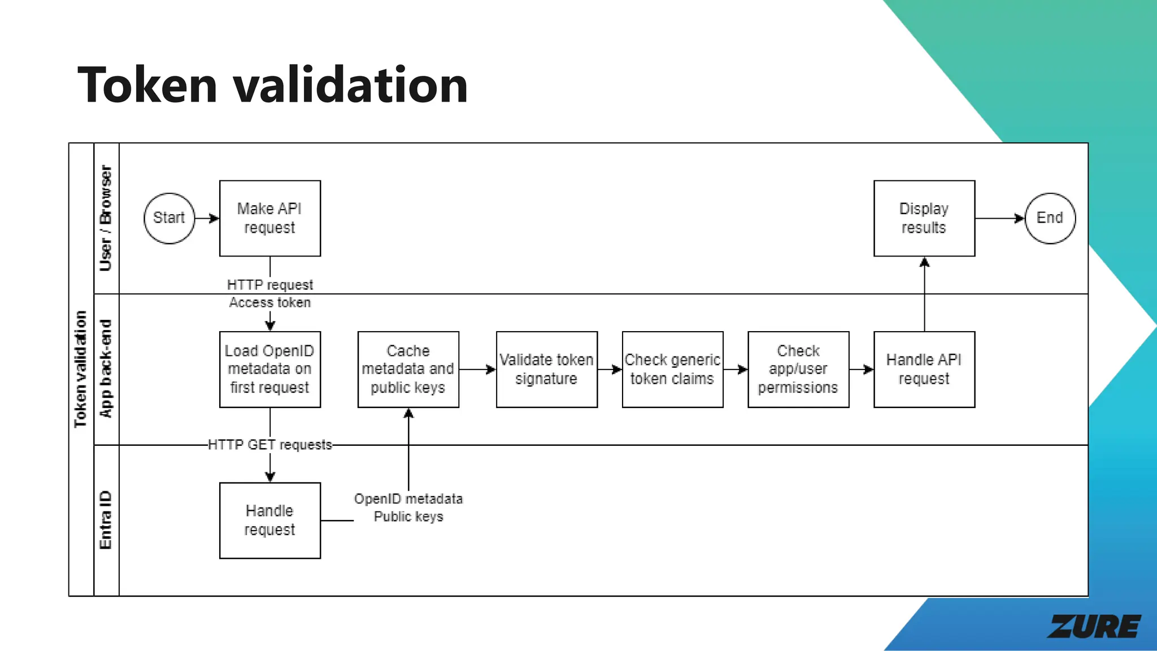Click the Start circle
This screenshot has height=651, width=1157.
point(169,218)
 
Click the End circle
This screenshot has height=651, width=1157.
point(1050,218)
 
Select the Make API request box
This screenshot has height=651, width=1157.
point(269,218)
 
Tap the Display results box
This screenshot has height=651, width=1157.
point(924,218)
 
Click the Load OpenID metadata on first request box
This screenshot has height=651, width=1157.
point(269,369)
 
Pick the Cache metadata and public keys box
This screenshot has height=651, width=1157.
point(408,369)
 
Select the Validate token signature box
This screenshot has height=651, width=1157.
point(546,369)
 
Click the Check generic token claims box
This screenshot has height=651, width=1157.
point(672,369)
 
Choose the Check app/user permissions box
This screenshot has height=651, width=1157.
point(798,369)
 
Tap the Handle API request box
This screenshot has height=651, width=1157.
point(924,369)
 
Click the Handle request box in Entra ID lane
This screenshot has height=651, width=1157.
point(269,520)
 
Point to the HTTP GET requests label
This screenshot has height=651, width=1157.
point(269,445)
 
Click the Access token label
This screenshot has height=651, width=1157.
point(269,302)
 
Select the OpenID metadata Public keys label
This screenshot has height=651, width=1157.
point(408,507)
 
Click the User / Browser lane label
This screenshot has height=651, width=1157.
point(106,218)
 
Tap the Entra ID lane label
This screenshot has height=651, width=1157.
point(106,520)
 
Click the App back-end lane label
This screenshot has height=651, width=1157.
point(106,369)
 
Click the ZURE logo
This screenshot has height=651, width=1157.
point(1094,626)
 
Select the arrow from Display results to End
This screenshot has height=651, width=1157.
point(999,218)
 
